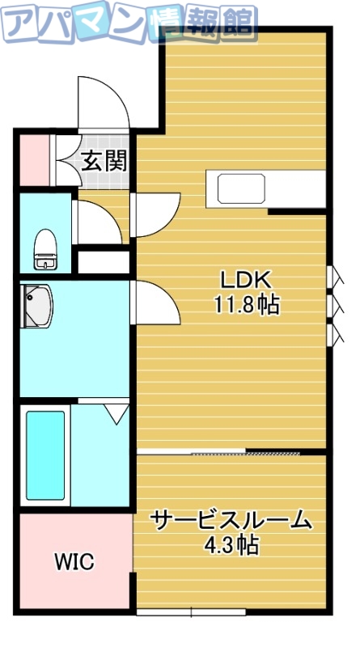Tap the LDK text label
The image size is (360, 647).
[x=245, y=280]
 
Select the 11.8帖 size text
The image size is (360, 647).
[x=245, y=305]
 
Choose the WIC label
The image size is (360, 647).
[x=74, y=560]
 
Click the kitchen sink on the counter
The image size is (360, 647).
[x=240, y=188]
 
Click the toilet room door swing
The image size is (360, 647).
[x=97, y=220]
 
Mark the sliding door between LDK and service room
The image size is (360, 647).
[x=231, y=452]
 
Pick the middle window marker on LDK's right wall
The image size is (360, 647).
[x=332, y=305]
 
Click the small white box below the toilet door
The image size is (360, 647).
[x=103, y=263]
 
